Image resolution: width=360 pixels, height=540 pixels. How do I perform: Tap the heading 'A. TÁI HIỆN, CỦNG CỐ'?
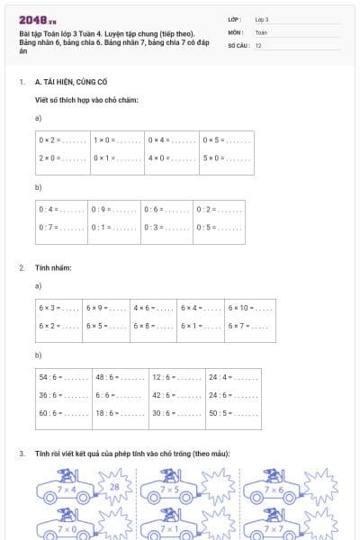point(70,81)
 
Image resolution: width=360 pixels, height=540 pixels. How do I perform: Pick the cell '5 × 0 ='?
point(226,157)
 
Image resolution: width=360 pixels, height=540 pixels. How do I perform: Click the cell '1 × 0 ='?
point(117,140)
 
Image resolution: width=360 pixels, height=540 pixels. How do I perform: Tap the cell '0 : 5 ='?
point(219,227)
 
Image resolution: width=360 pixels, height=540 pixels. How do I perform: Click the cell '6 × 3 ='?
point(58,308)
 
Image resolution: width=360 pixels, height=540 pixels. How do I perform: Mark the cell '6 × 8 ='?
point(154,325)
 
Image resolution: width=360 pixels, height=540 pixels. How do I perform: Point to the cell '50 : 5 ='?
point(233,412)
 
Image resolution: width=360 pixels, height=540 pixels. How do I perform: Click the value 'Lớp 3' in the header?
point(262,18)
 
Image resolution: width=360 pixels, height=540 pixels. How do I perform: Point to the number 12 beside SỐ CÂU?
point(258,45)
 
